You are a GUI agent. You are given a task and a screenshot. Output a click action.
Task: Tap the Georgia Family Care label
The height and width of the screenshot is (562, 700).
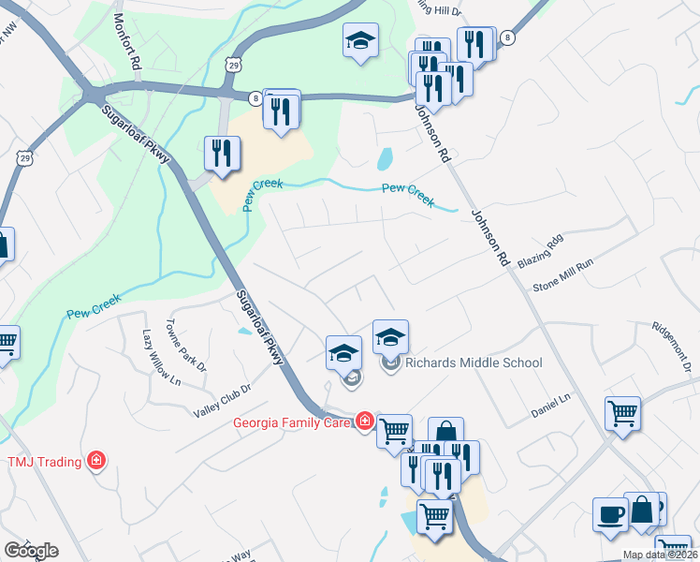(293, 422)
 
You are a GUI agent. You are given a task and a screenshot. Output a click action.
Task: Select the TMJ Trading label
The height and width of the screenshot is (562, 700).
(45, 461)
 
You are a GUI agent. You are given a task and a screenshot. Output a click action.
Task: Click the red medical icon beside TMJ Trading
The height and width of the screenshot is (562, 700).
(95, 460)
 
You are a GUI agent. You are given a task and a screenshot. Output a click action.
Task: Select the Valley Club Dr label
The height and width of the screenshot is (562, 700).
(223, 401)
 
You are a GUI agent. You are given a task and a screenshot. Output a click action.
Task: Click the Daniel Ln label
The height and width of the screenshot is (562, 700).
(550, 406)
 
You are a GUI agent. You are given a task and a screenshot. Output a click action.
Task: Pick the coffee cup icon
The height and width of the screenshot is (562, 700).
(610, 515)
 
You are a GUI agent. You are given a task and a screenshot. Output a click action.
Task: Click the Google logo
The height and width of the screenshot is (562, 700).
(31, 551)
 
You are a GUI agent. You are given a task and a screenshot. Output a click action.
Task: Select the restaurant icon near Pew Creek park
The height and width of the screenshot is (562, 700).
(222, 154)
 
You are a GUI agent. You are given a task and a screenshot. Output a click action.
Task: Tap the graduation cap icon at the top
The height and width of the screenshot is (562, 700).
(360, 41)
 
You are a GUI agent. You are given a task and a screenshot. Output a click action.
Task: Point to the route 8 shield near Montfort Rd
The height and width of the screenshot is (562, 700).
(255, 96)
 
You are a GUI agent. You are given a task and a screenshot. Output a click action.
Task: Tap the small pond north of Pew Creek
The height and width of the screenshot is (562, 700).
(385, 159)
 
